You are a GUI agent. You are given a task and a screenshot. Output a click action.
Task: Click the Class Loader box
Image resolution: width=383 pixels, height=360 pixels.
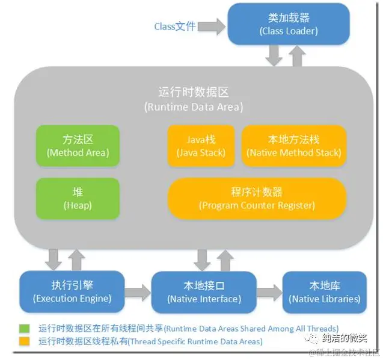tap(288, 23)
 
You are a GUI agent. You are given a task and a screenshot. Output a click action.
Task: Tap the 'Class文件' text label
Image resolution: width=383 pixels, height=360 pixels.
tap(175, 26)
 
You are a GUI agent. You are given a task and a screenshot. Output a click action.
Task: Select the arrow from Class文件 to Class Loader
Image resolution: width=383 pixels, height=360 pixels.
tap(210, 26)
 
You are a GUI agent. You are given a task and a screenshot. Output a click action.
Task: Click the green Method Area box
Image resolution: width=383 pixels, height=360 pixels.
tap(78, 146)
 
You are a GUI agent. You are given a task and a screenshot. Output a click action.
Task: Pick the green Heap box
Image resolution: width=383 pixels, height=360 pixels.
tap(78, 198)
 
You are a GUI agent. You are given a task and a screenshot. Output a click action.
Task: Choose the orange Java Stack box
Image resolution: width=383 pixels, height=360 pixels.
tap(201, 146)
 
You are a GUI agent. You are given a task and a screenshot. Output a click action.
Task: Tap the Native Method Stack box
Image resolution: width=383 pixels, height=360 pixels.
tap(293, 146)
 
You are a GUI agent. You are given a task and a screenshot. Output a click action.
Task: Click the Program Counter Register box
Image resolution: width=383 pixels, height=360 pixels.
tap(257, 198)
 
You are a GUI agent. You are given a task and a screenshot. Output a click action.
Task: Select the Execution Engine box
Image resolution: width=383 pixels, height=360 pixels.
tap(72, 291)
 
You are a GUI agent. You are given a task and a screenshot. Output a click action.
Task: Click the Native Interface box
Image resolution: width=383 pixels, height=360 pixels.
tap(204, 292)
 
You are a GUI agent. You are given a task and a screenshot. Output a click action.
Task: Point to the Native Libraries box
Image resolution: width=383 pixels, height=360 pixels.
tap(324, 292)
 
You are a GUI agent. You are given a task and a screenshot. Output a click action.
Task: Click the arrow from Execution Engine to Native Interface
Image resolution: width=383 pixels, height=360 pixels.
tap(138, 293)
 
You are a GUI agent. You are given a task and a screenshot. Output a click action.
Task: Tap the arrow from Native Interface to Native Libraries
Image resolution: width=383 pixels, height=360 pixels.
tap(269, 293)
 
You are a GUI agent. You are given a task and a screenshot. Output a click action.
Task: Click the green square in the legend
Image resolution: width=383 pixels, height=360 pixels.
tap(25, 329)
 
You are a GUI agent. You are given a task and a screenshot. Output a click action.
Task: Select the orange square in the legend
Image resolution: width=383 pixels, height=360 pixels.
tap(25, 341)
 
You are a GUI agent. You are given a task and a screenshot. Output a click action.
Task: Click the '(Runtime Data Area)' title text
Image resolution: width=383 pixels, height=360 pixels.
tap(194, 107)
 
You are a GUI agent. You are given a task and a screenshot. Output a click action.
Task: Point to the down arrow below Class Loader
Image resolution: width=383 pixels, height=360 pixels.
tap(274, 55)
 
